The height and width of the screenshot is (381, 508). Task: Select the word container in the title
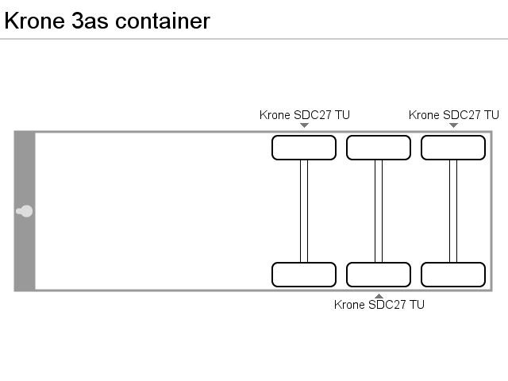[162, 21]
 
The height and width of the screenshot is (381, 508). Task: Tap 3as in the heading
[90, 21]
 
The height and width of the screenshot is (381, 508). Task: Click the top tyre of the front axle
[304, 148]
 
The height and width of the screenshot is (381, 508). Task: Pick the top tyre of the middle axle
[379, 148]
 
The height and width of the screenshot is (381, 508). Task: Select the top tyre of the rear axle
[453, 148]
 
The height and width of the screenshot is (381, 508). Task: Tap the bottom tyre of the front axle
[304, 275]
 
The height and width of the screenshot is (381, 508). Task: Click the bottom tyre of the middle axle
[379, 275]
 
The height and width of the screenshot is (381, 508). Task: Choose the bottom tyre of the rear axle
[453, 275]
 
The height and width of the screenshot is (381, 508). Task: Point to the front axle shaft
[304, 211]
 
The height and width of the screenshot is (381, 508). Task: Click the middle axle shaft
[379, 211]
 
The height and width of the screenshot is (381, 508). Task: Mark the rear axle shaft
[453, 211]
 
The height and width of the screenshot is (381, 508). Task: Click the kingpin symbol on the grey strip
[25, 211]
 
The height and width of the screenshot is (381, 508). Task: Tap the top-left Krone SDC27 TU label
[305, 115]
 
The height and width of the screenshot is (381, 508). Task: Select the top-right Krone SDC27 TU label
[454, 115]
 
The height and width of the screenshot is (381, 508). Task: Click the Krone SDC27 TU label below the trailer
[379, 305]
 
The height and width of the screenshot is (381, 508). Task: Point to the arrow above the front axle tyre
[304, 125]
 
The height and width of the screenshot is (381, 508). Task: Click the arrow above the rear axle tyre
[453, 125]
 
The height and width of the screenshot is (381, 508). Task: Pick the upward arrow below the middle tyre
[379, 296]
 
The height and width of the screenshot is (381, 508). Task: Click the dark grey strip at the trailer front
[25, 167]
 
